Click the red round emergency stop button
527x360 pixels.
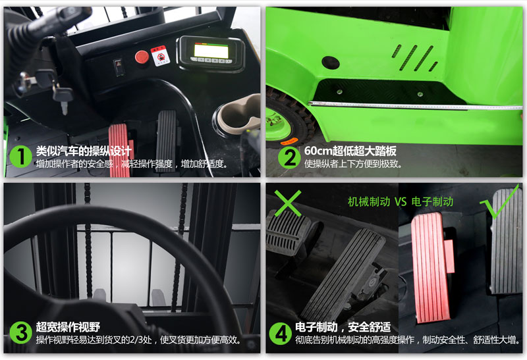[142, 57]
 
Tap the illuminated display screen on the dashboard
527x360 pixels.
[211, 51]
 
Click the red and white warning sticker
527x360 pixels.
[160, 55]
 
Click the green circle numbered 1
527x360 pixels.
[20, 157]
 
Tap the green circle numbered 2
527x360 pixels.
[289, 157]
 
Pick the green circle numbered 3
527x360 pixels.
[20, 333]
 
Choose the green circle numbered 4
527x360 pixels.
[281, 334]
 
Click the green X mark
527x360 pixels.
[288, 203]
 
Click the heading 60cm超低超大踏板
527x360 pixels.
[350, 151]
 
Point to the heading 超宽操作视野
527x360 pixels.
[68, 327]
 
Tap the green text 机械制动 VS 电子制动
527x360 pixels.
[401, 202]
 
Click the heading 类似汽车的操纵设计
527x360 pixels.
[84, 151]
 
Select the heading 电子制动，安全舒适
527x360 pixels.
[343, 327]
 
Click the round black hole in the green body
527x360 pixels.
[331, 63]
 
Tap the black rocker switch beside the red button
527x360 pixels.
[119, 67]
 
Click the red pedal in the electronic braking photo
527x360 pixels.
[430, 267]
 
